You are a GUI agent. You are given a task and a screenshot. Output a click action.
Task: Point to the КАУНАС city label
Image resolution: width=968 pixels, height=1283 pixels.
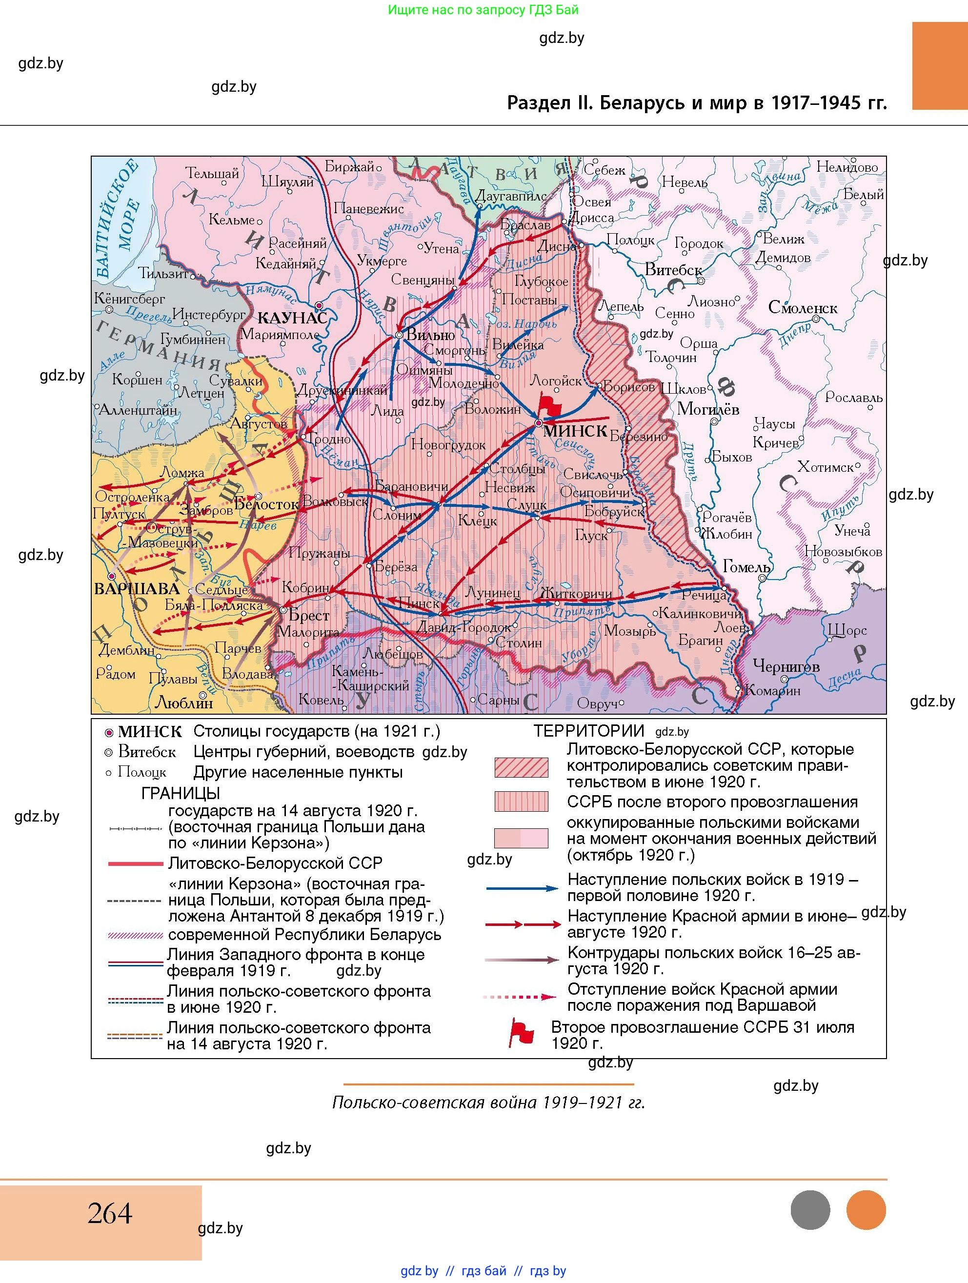(x=292, y=318)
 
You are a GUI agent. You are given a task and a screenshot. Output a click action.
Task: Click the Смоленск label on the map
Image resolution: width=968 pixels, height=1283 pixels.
(x=802, y=307)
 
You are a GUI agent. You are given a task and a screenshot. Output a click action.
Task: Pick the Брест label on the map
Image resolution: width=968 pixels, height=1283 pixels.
(x=308, y=615)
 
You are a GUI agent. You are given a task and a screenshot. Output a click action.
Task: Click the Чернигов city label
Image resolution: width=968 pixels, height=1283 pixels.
(x=786, y=666)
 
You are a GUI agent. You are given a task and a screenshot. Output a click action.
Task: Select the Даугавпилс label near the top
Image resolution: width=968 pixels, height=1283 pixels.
(x=510, y=197)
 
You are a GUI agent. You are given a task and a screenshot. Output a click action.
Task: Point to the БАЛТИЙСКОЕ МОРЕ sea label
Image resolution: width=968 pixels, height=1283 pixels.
(x=119, y=221)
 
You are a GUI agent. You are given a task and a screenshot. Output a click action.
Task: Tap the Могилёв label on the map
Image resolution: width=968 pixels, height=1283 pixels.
(x=707, y=409)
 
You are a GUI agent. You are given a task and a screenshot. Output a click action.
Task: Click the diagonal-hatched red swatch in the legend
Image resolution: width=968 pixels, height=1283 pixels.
(x=521, y=767)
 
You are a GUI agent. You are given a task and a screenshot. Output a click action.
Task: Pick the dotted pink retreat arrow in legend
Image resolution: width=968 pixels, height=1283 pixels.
(x=520, y=997)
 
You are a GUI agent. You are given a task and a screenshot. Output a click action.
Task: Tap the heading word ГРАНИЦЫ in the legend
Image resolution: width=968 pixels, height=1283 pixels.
(x=181, y=793)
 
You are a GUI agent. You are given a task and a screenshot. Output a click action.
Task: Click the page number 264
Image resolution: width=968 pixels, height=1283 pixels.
(x=110, y=1213)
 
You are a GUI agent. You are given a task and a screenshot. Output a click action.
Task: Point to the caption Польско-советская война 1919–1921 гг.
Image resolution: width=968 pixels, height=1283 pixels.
(x=488, y=1102)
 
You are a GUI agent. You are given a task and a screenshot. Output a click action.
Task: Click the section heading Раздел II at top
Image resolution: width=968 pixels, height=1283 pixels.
(x=697, y=102)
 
